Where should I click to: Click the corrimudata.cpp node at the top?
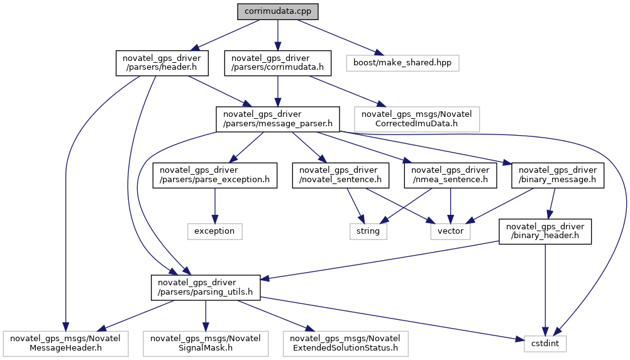coord(278,11)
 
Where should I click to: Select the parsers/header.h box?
coord(162,63)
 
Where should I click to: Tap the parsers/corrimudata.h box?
coord(278,63)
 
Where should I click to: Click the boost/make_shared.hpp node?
coord(402,63)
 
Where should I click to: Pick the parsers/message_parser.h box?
coord(278,119)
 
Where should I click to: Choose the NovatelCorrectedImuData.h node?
coord(417,119)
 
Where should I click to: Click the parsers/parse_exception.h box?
coord(214,175)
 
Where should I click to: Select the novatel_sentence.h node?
coord(340,175)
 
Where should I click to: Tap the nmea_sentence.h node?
coord(450,175)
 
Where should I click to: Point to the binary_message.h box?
coord(558,175)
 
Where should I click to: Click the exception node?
coord(214,231)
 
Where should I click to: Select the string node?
coord(368,231)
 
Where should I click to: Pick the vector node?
coord(450,231)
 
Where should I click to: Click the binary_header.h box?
coord(545,231)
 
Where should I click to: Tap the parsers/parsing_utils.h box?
coord(206,287)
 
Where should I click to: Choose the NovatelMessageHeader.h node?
coord(65,344)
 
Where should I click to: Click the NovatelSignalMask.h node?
coord(206,344)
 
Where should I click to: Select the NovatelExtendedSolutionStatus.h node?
coord(346,344)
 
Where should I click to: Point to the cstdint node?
coord(545,344)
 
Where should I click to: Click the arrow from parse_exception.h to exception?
coord(214,205)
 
